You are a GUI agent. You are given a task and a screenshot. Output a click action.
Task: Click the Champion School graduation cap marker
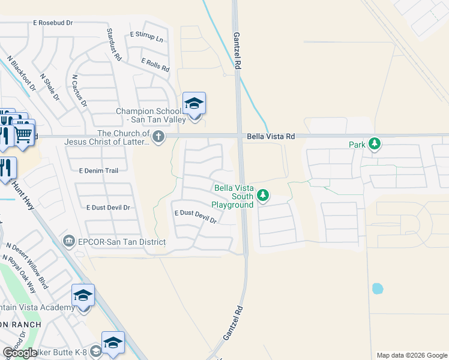pyautogui.click(x=194, y=104)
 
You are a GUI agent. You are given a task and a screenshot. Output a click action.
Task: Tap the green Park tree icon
pyautogui.click(x=375, y=144)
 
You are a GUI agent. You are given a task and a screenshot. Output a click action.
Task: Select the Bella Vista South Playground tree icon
pyautogui.click(x=262, y=196)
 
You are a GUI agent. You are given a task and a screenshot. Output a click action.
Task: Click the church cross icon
pyautogui.click(x=158, y=137)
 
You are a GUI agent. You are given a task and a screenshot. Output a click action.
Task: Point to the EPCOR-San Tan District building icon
pyautogui.click(x=70, y=241)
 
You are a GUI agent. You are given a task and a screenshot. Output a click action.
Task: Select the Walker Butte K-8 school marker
pyautogui.click(x=113, y=343)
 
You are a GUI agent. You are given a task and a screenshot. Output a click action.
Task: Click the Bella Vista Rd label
pyautogui.click(x=270, y=137)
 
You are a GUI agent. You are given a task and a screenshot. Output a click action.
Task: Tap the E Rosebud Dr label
pyautogui.click(x=53, y=22)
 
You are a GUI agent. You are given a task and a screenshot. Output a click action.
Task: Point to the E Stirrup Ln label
pyautogui.click(x=146, y=37)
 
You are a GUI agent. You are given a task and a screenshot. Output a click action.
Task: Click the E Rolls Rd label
pyautogui.click(x=155, y=65)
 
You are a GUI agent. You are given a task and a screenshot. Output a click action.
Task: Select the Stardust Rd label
pyautogui.click(x=114, y=44)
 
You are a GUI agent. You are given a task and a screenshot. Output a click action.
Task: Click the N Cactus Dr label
pyautogui.click(x=79, y=91)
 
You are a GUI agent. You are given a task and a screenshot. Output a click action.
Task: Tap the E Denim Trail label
pyautogui.click(x=99, y=170)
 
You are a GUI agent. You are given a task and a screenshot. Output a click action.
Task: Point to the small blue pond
pyautogui.click(x=377, y=289)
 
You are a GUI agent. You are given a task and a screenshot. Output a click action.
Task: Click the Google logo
pyautogui.click(x=20, y=353)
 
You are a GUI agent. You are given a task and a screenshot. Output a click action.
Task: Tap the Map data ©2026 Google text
pyautogui.click(x=411, y=355)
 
